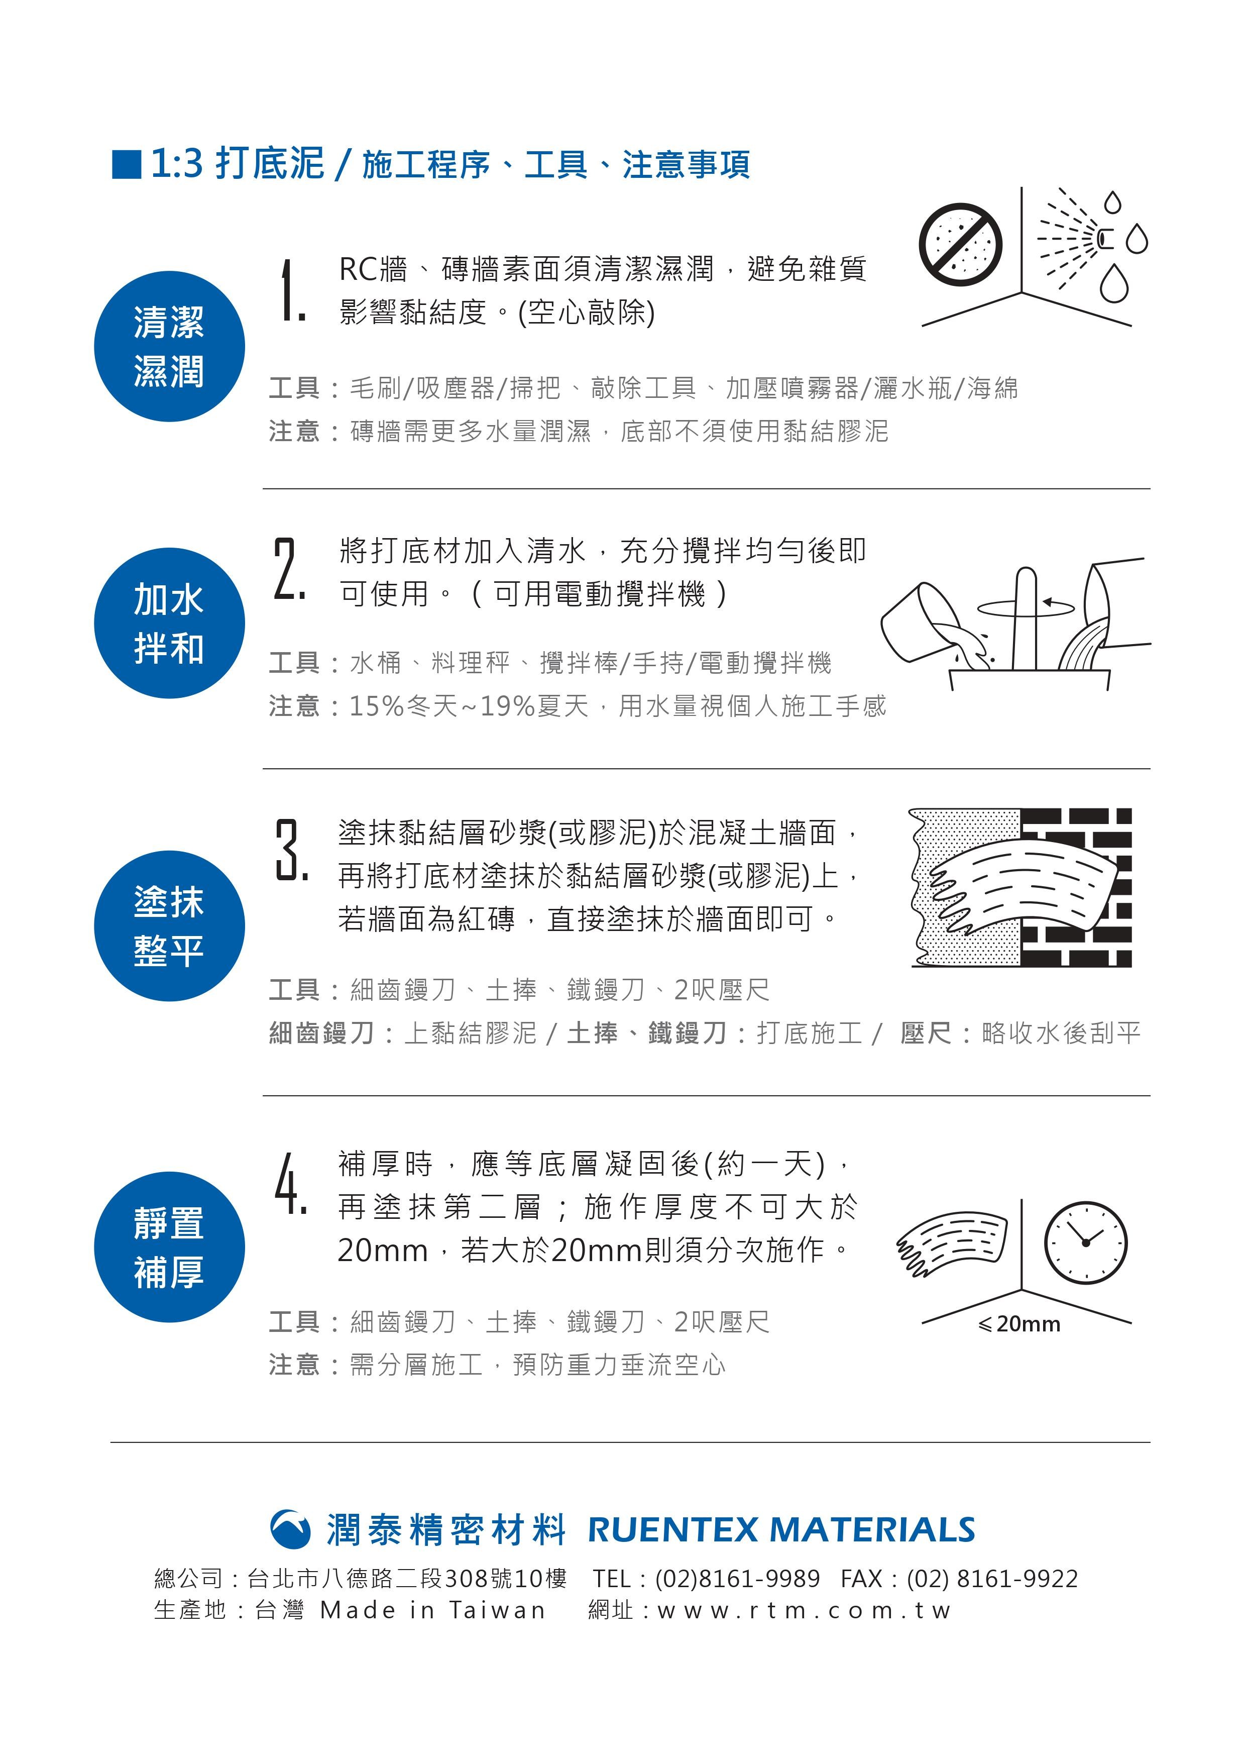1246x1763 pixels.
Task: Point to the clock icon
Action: point(1086,1242)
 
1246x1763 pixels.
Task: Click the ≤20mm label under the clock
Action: point(1020,1324)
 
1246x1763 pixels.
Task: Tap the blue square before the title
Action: point(127,164)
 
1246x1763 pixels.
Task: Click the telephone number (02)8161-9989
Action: point(737,1579)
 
